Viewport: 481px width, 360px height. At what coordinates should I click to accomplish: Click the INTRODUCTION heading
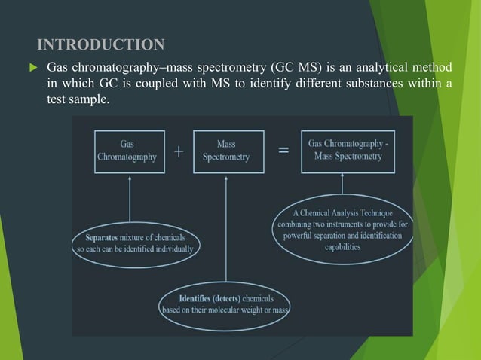coord(100,43)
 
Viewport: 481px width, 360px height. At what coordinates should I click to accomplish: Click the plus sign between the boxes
coord(179,151)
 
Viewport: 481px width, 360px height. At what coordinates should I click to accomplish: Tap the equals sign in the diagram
coord(283,151)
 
